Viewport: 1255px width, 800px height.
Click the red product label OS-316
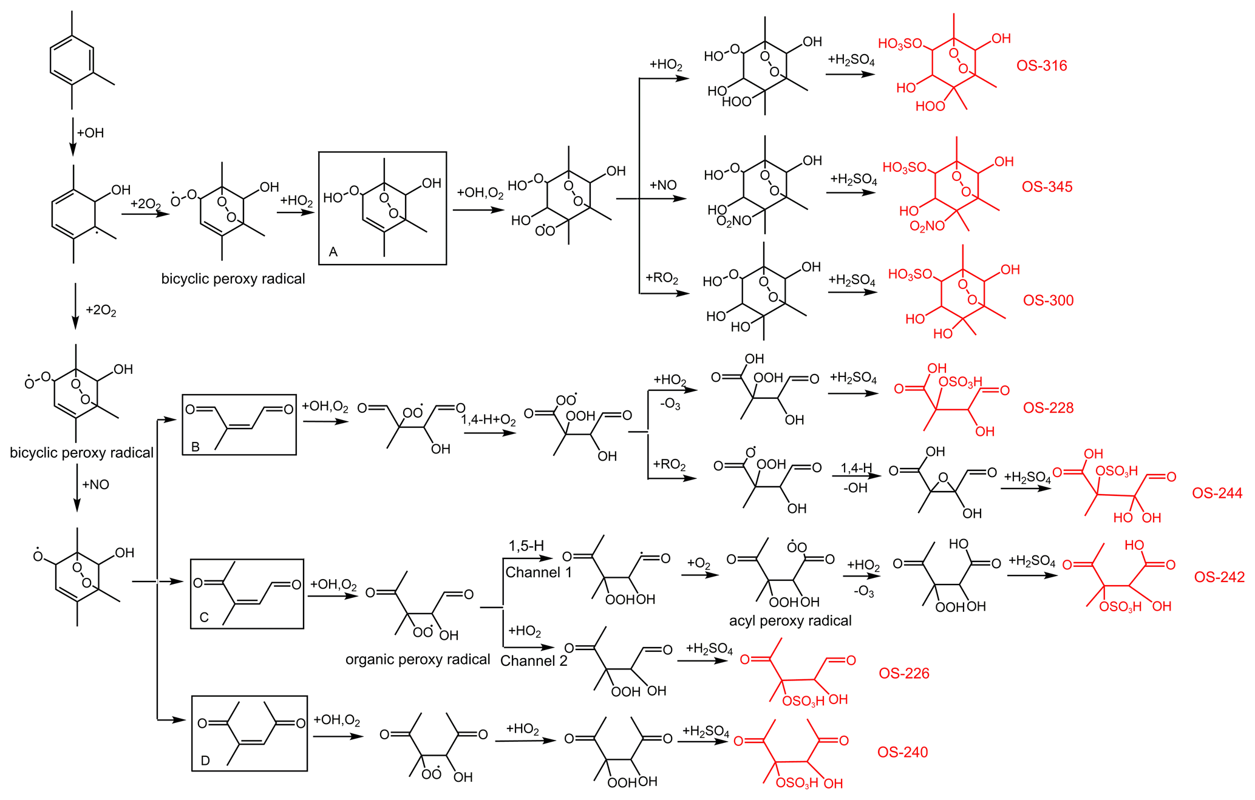(1041, 66)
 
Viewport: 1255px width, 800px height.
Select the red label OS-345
(1047, 186)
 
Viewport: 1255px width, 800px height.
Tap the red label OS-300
(1048, 300)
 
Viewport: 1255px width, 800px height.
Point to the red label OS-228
(1048, 408)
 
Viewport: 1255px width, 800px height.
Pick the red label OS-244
(1217, 493)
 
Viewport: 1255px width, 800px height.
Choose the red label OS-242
(1219, 577)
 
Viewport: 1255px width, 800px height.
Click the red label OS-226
(903, 673)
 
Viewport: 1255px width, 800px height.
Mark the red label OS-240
(902, 753)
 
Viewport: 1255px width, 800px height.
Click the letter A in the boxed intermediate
(333, 252)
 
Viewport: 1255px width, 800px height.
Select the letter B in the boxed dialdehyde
(196, 447)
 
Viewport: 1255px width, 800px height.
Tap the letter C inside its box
(204, 618)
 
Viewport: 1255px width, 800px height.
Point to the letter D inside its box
(205, 761)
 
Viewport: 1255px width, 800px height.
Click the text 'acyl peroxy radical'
(790, 621)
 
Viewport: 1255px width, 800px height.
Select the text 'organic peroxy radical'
(418, 660)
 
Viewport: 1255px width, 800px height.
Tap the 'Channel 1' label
(539, 572)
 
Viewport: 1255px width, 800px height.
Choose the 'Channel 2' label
(534, 661)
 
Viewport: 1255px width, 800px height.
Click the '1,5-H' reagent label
(526, 546)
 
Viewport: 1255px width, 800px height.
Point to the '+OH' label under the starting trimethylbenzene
(90, 133)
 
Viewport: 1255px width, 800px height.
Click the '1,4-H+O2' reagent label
(488, 420)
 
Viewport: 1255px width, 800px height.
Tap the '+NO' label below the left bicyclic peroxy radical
(95, 484)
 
